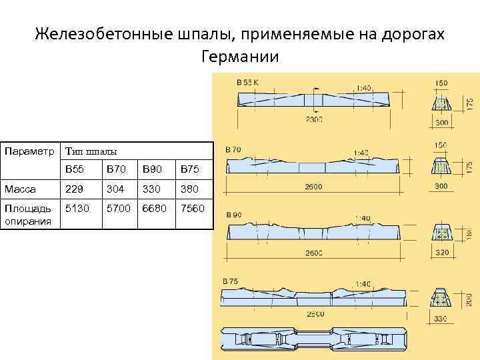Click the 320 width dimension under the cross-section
pos(441,253)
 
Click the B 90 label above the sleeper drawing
pos(234,215)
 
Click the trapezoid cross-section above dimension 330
pos(441,297)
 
